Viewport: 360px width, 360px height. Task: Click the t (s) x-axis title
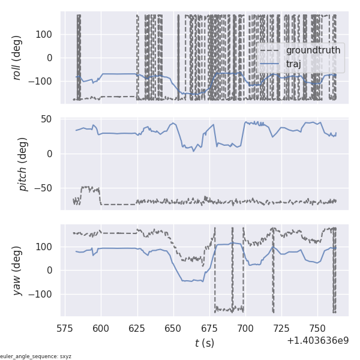point(204,343)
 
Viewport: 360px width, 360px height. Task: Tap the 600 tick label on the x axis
point(101,328)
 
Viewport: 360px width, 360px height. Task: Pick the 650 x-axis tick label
point(173,328)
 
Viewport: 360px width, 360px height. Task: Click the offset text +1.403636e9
point(317,340)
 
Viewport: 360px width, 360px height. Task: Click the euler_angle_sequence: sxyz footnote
point(36,356)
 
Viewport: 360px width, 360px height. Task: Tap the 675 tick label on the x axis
point(209,328)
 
